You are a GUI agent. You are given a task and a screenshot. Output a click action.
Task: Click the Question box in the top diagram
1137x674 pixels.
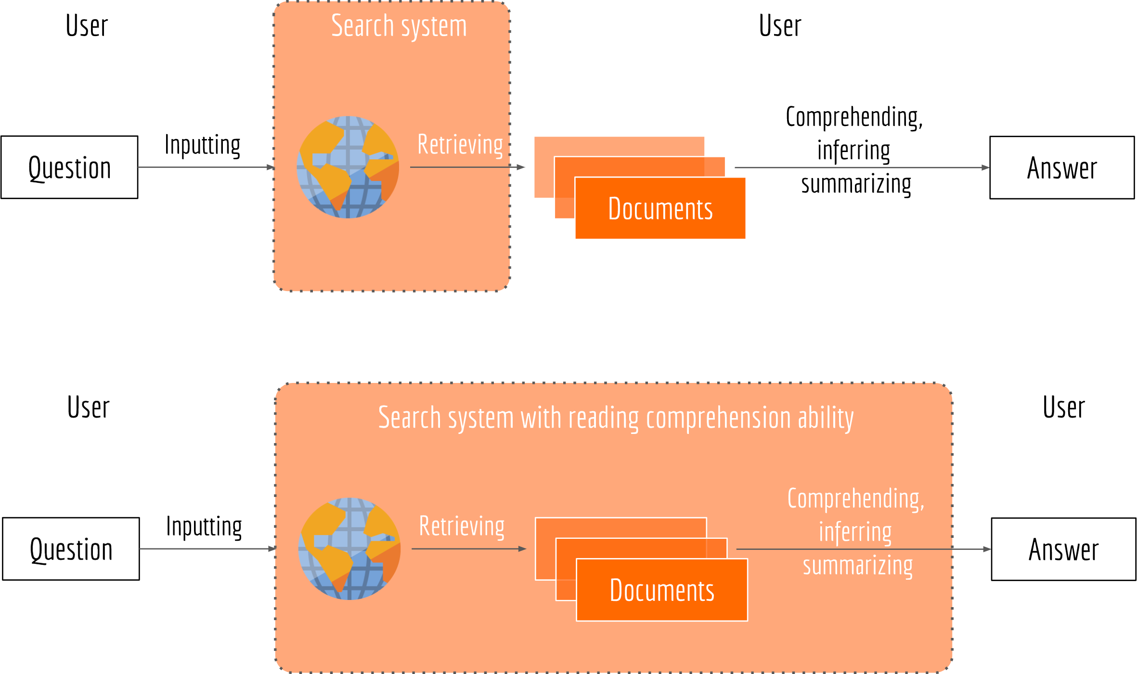tap(69, 167)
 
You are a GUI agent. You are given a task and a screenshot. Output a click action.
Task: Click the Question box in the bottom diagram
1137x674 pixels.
tap(71, 549)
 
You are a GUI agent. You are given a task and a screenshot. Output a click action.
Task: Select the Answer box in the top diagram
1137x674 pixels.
tap(1062, 167)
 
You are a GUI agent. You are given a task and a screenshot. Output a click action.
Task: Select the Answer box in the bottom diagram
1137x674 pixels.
tap(1063, 549)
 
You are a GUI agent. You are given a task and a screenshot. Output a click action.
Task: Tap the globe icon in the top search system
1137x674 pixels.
tap(348, 167)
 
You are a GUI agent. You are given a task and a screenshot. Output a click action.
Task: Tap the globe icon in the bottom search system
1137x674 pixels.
tap(349, 548)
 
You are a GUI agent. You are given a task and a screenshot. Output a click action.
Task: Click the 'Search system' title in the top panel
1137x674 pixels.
tap(399, 26)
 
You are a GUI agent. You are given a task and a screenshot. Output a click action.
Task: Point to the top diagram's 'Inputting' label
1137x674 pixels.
tap(203, 145)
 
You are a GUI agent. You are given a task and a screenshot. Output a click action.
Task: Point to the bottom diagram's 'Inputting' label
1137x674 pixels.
tap(204, 526)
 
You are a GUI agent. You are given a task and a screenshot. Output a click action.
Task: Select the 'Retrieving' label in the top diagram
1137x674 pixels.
tap(460, 145)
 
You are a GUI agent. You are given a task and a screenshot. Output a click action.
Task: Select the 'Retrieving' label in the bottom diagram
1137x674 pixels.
tap(462, 526)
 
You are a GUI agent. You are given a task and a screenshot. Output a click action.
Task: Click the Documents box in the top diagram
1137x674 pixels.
tap(660, 208)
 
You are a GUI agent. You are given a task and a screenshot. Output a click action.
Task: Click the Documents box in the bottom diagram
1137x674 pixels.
tap(662, 590)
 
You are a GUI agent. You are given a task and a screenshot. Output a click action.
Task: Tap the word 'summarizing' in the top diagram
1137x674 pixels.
tap(856, 184)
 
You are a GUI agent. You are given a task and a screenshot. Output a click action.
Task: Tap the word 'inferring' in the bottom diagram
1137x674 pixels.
tap(855, 533)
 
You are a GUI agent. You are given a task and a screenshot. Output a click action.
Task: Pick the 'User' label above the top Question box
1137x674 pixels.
tap(87, 25)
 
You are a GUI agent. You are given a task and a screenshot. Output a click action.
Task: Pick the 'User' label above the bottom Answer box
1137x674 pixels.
tap(1064, 407)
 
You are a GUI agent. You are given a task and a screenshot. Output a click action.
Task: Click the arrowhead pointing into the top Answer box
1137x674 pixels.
tap(985, 167)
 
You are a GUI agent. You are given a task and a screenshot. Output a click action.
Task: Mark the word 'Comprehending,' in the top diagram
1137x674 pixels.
tap(854, 117)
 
